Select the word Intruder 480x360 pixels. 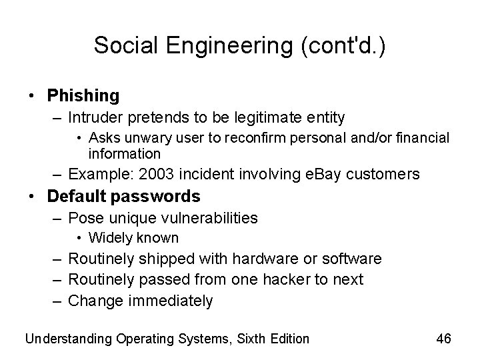[x=95, y=118]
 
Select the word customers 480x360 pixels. [x=385, y=174]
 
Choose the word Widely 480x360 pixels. [x=109, y=238]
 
